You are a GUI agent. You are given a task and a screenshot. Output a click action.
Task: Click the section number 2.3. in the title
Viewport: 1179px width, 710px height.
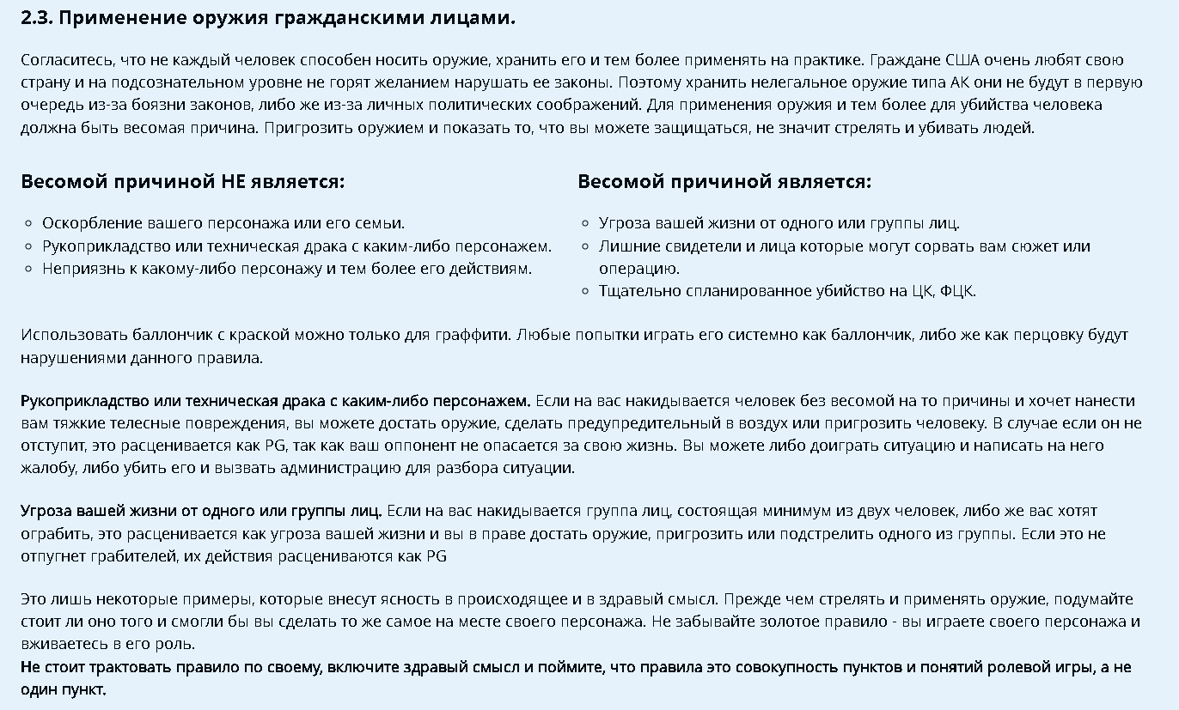[x=36, y=18]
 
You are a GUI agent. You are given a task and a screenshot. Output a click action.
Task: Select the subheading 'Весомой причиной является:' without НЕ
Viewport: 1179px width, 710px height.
[x=724, y=182]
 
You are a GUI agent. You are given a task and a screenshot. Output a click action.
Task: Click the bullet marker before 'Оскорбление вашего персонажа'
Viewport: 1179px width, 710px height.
[x=29, y=224]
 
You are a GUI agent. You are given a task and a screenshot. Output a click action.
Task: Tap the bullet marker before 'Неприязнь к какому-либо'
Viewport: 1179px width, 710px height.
[x=29, y=270]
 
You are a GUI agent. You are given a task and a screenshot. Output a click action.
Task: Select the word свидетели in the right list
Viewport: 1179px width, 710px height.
[x=685, y=246]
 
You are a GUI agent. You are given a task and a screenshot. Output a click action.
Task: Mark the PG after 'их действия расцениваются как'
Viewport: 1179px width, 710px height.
[x=437, y=556]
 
